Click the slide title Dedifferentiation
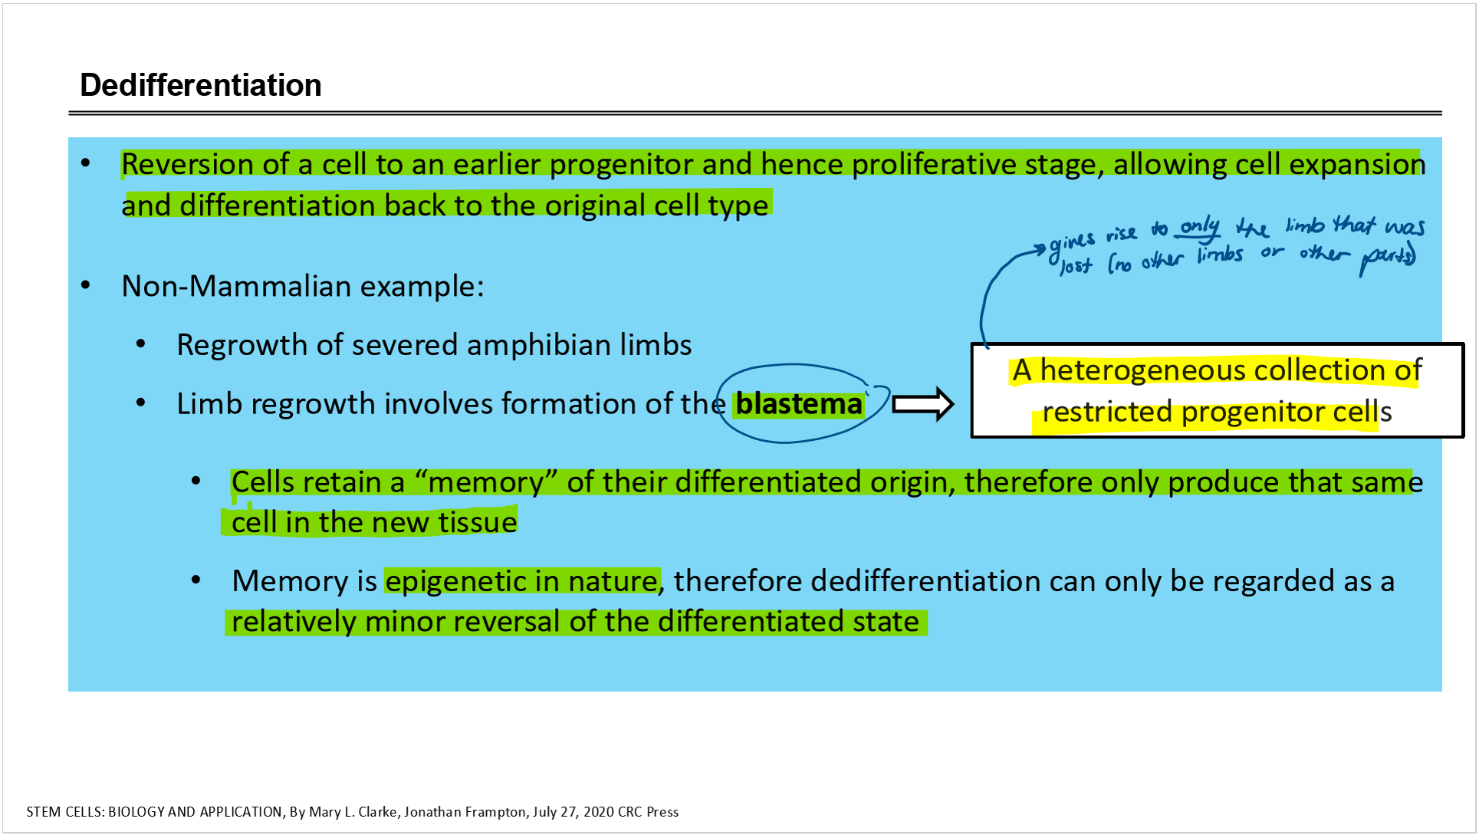click(201, 85)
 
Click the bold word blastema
click(799, 404)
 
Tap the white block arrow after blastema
click(923, 404)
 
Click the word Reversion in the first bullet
click(188, 164)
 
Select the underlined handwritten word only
click(1199, 227)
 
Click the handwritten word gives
click(1071, 244)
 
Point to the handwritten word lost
click(1076, 265)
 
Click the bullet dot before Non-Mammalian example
click(86, 286)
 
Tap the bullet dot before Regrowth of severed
click(141, 344)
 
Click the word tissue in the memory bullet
click(478, 522)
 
